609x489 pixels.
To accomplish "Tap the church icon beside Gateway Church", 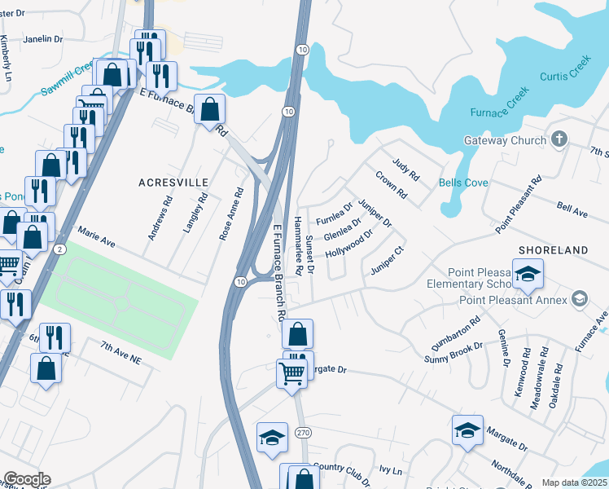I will coord(559,139).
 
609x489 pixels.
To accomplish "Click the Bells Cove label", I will coord(463,183).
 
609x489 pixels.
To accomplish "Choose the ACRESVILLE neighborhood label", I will coord(173,183).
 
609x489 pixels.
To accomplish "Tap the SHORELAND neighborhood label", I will coord(557,249).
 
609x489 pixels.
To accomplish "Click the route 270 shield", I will coord(302,433).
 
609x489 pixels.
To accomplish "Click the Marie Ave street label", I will coord(97,242).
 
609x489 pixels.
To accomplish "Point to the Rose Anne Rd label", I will coord(232,215).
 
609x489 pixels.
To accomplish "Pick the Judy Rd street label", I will coord(405,170).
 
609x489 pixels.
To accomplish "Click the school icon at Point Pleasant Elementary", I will coord(528,275).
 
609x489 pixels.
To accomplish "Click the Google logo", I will coord(27,479).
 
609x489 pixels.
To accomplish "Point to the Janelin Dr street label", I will coord(43,38).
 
